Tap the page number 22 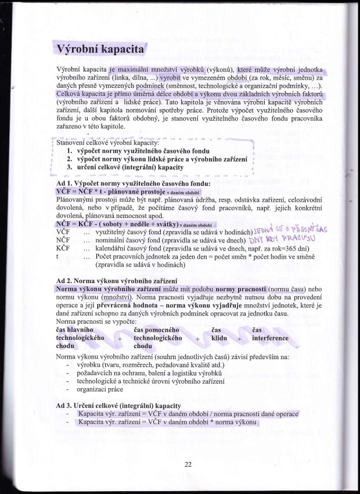(x=188, y=464)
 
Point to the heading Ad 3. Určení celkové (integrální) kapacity (x=118, y=405)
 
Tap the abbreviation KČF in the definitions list (x=63, y=248)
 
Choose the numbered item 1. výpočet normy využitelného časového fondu (x=138, y=151)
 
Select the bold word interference (x=270, y=338)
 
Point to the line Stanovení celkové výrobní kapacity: (x=108, y=142)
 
